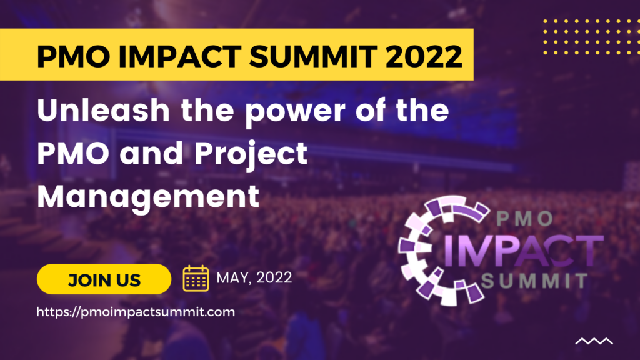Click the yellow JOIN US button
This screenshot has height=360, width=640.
pos(104,279)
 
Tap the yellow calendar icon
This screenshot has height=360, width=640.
pos(196,278)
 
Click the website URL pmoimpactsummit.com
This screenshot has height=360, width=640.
pos(136,312)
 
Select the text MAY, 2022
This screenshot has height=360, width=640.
pos(254,278)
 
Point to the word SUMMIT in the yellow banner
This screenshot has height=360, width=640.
pos(313,56)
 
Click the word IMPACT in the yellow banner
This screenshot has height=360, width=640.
pos(179,56)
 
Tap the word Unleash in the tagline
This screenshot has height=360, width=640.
pos(103,110)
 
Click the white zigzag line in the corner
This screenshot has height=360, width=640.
pos(594,341)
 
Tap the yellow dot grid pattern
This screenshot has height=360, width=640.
pos(591,36)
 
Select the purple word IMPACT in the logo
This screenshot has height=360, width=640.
pos(523,251)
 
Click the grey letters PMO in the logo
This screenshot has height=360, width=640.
pos(525,219)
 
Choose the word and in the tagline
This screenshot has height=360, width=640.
pos(152,153)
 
